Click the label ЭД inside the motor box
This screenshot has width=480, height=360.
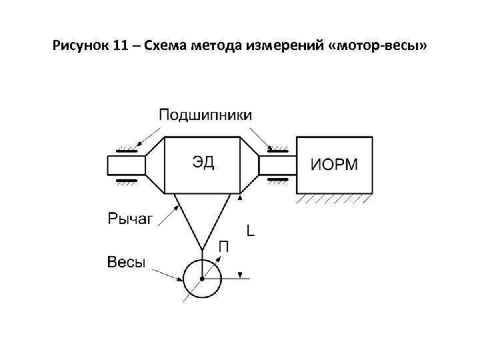(x=203, y=163)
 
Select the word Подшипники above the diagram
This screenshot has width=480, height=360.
(x=205, y=115)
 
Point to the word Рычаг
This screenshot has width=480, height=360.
(x=130, y=217)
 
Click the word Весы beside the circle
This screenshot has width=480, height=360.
(x=127, y=262)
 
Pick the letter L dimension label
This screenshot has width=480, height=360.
(x=251, y=231)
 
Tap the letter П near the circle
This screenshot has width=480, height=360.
(x=225, y=248)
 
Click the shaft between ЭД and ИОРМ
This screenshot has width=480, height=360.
(x=277, y=165)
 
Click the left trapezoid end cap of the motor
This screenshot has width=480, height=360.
(x=155, y=165)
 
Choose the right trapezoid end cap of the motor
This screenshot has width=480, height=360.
(x=249, y=165)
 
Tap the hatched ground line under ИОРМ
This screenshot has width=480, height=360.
(x=334, y=198)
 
